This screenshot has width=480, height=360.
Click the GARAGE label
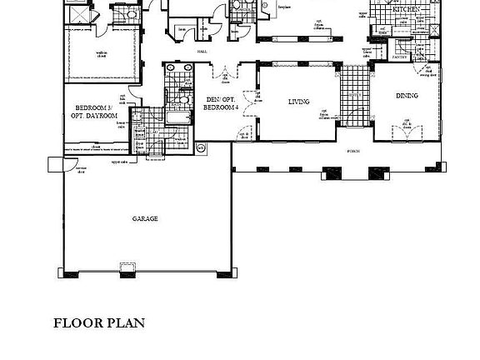144,219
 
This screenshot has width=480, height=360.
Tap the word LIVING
298,102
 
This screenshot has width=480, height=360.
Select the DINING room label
407,96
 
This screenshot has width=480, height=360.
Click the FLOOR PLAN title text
99,323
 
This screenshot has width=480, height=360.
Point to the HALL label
202,51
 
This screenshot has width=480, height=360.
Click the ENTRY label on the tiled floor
353,96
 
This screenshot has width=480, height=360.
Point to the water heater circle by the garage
200,147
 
